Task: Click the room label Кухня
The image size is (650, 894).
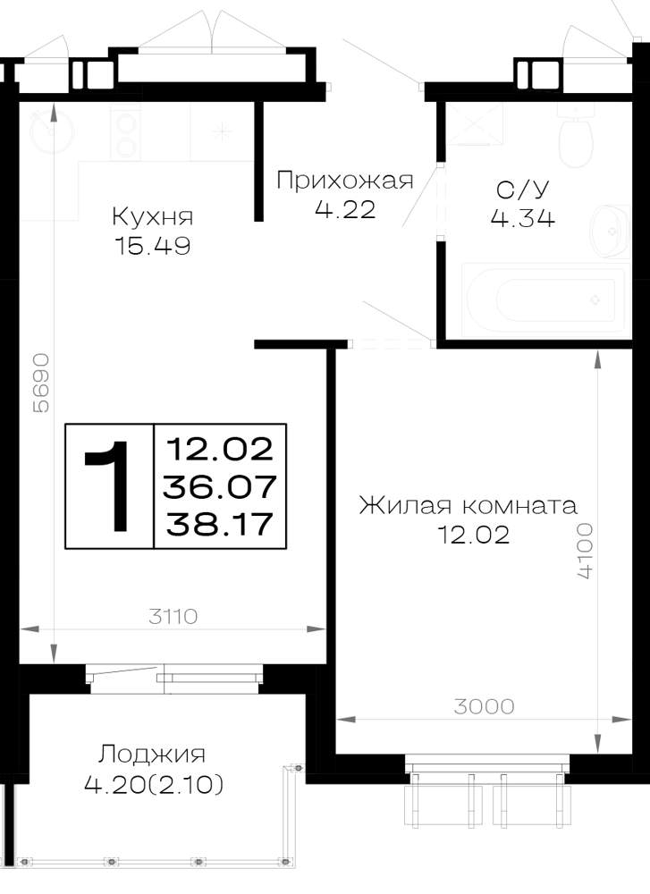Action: pos(152,216)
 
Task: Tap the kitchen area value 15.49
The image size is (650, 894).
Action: pos(152,246)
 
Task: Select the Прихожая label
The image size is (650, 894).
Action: pos(345,181)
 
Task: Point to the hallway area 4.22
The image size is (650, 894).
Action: pos(345,210)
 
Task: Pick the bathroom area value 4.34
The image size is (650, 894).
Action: pos(523,218)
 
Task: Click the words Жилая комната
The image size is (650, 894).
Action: pos(469,505)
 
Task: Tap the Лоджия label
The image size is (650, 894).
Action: pos(152,755)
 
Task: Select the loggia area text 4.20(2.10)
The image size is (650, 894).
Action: pos(154,786)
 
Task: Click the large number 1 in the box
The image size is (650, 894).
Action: pos(109,485)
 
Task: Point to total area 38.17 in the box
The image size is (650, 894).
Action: pos(219,523)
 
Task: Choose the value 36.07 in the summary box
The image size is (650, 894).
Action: pos(220,486)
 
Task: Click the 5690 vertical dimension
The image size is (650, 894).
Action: pos(42,383)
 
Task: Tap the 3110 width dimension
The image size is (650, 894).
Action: pos(173,616)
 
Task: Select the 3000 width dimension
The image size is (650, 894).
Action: pos(484,706)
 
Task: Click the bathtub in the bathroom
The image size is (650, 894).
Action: pos(541,299)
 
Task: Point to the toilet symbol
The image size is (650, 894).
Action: pos(577,136)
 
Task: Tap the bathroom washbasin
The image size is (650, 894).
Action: pos(610,231)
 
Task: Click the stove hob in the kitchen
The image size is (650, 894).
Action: pos(125,135)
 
